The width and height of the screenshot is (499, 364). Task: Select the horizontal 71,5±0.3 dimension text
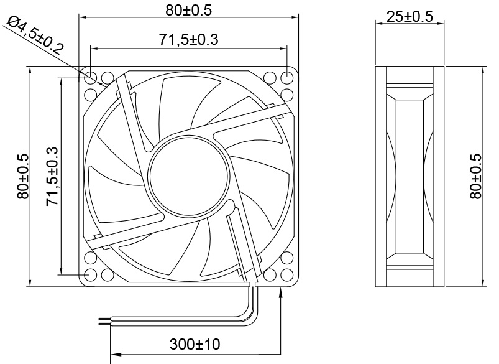click(x=189, y=40)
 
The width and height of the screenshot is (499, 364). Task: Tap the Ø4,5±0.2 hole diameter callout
click(x=35, y=35)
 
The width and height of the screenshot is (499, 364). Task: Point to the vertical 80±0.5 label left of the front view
click(x=23, y=177)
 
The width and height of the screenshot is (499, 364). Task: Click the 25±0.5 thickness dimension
click(x=410, y=17)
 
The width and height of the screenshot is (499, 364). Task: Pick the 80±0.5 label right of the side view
click(x=475, y=177)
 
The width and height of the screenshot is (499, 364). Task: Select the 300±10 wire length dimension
click(x=195, y=343)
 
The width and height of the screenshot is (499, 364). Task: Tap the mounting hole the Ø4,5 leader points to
click(x=91, y=78)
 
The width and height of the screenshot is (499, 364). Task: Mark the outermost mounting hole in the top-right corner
click(x=287, y=78)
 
